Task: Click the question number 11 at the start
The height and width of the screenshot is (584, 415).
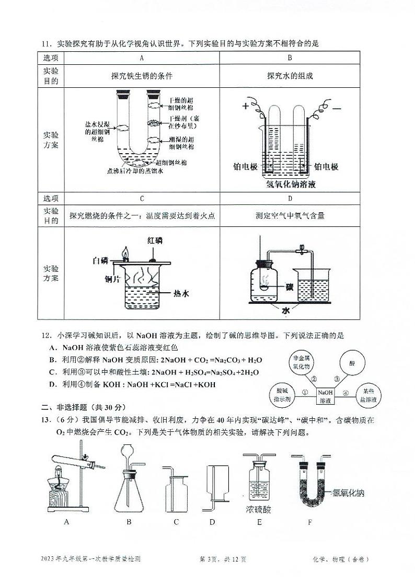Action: [x=48, y=43]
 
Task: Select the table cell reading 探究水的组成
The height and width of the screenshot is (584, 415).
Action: [x=290, y=75]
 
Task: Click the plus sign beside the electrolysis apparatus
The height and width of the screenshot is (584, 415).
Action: [x=245, y=107]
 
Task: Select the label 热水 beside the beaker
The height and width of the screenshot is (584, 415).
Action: [x=180, y=294]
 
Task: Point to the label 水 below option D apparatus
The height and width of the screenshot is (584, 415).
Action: [x=286, y=311]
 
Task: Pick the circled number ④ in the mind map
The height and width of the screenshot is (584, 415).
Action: [x=345, y=393]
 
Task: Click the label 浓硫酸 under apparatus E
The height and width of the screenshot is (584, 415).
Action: [x=259, y=509]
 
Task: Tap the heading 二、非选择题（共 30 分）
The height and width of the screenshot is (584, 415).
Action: [x=84, y=407]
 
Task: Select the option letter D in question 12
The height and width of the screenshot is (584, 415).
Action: [x=52, y=385]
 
